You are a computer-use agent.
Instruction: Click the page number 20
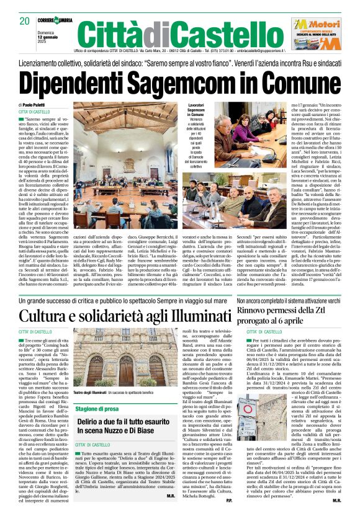click(x=25, y=20)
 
